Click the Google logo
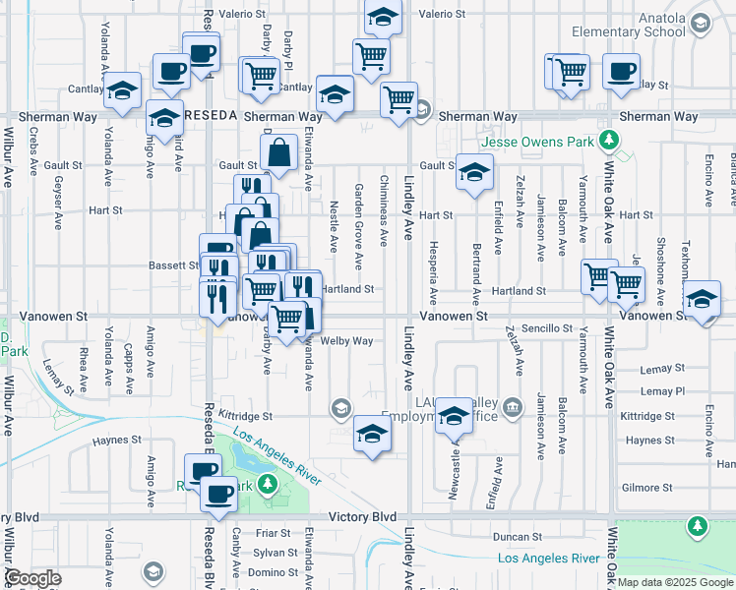coord(32,578)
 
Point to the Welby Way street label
coord(346,341)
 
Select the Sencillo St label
coord(547,327)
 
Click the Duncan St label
coord(512,537)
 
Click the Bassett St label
coord(174,265)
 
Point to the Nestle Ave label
coord(334,226)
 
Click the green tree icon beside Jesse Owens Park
coord(610,141)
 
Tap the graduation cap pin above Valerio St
coord(383,17)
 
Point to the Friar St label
coord(268,533)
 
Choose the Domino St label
coord(266,572)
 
